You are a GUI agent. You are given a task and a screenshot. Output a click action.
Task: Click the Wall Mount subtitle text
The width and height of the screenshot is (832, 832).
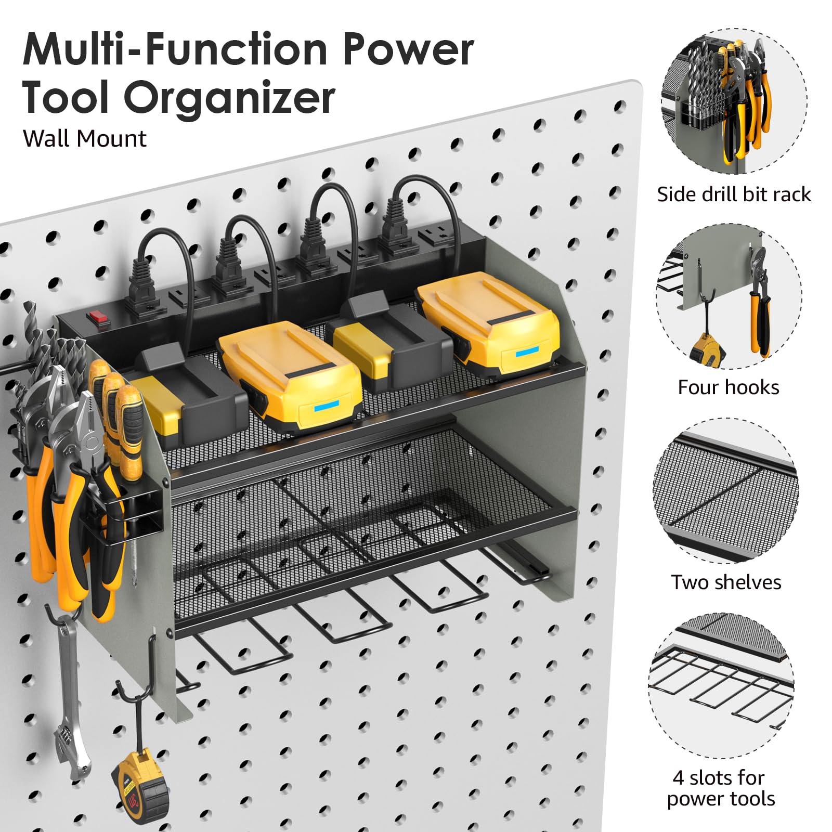click(x=84, y=139)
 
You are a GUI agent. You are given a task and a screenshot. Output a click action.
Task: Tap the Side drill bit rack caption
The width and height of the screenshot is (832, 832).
click(x=733, y=194)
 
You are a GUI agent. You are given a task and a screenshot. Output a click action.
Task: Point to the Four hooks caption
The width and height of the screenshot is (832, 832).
click(x=728, y=387)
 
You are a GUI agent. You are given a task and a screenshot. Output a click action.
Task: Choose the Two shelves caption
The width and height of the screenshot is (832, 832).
click(x=726, y=582)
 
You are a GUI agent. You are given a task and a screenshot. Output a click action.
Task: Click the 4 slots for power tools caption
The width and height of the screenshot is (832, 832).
click(x=721, y=788)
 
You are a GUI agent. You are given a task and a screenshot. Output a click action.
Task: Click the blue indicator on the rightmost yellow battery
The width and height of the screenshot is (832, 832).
click(x=526, y=354)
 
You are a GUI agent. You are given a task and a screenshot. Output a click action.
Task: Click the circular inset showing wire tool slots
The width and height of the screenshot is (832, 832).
click(x=722, y=686)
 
